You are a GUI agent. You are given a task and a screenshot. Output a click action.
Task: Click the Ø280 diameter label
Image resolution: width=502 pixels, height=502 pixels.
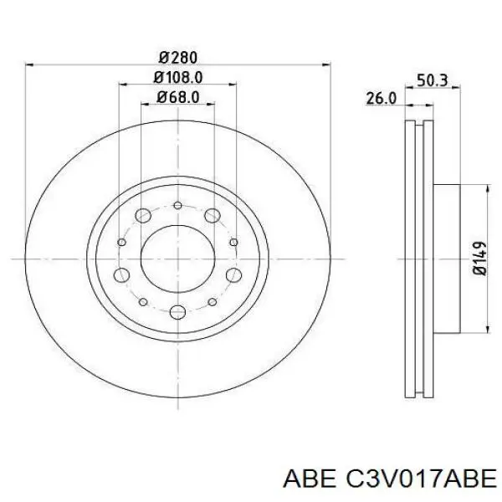177,58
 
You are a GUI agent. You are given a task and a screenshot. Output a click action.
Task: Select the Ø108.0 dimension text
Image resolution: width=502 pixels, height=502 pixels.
177,78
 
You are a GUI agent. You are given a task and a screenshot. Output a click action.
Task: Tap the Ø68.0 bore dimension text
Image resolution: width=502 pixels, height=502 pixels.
177,98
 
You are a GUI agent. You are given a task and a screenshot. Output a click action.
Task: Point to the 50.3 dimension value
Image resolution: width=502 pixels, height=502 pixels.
433,81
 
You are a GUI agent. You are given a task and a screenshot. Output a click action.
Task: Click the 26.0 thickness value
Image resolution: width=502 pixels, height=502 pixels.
381,99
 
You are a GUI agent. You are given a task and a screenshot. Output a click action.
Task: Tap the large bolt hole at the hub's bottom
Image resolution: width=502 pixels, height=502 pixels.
177,313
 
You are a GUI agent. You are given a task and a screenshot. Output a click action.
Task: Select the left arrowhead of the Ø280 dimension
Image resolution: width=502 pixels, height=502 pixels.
30,65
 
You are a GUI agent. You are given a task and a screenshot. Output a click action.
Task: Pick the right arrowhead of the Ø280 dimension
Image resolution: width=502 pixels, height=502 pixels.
325,65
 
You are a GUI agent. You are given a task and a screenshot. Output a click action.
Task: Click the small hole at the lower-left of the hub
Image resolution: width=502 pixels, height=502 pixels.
143,301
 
